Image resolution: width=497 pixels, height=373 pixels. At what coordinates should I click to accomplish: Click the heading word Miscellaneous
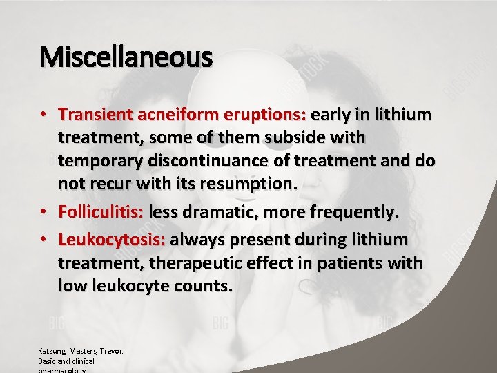(x=126, y=57)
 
